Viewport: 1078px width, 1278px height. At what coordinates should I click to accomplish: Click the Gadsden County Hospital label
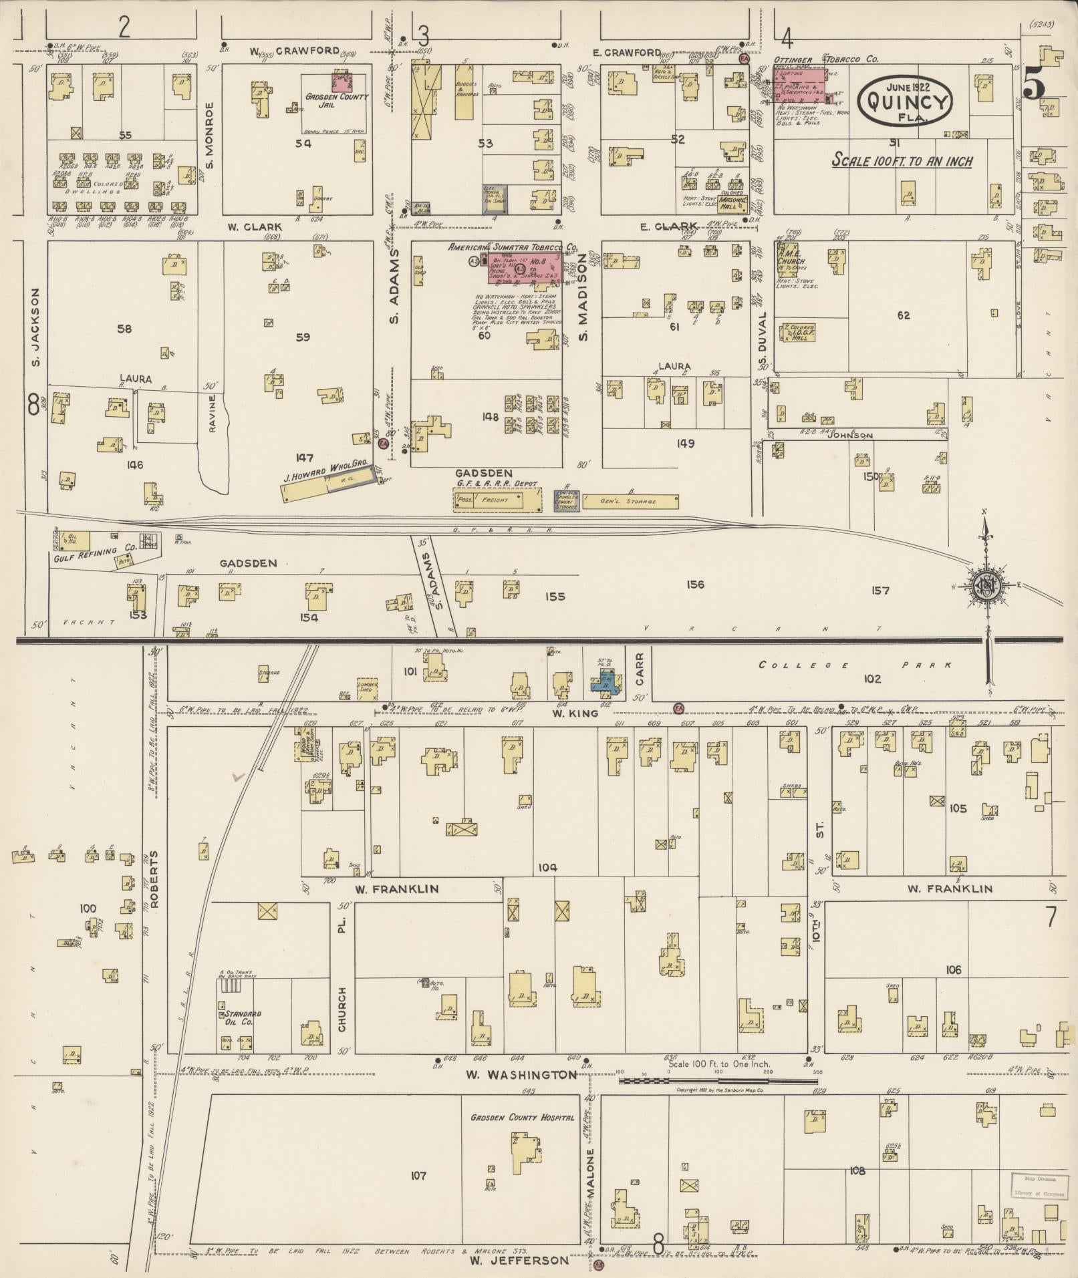(x=522, y=1117)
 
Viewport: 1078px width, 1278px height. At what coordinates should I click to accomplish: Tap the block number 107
(x=419, y=1175)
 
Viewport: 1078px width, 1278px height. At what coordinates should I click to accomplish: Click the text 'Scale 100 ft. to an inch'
(x=902, y=161)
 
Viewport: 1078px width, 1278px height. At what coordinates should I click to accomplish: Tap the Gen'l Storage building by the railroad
(x=631, y=501)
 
